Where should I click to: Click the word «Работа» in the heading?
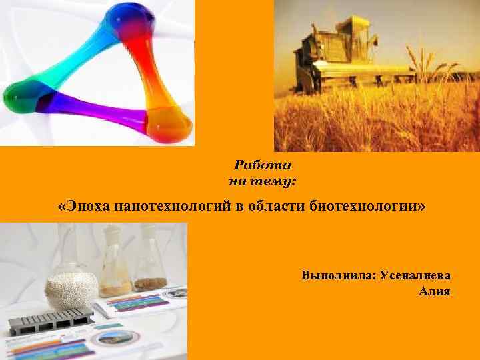point(263,165)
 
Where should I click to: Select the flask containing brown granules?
point(151,267)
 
